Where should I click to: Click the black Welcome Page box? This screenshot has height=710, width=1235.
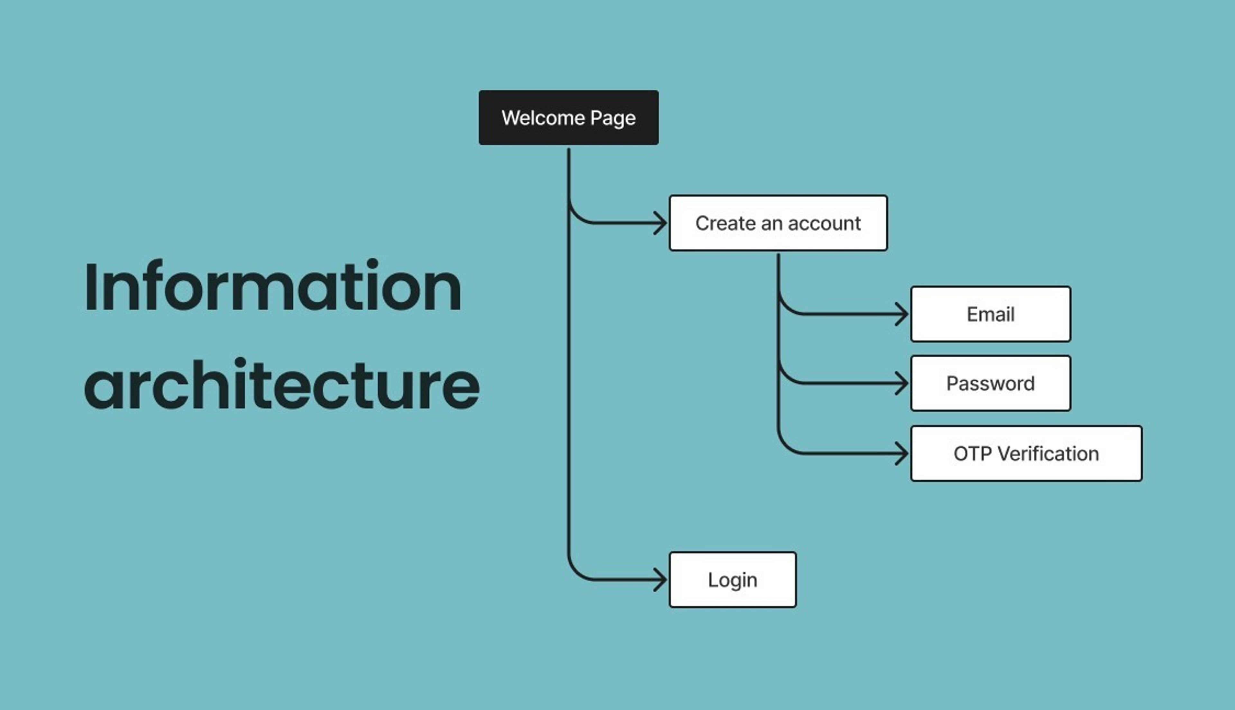tap(569, 117)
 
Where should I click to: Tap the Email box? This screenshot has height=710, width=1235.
tap(990, 314)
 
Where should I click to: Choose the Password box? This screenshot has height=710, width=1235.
tap(990, 384)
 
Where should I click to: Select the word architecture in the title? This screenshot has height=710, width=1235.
tap(282, 385)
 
